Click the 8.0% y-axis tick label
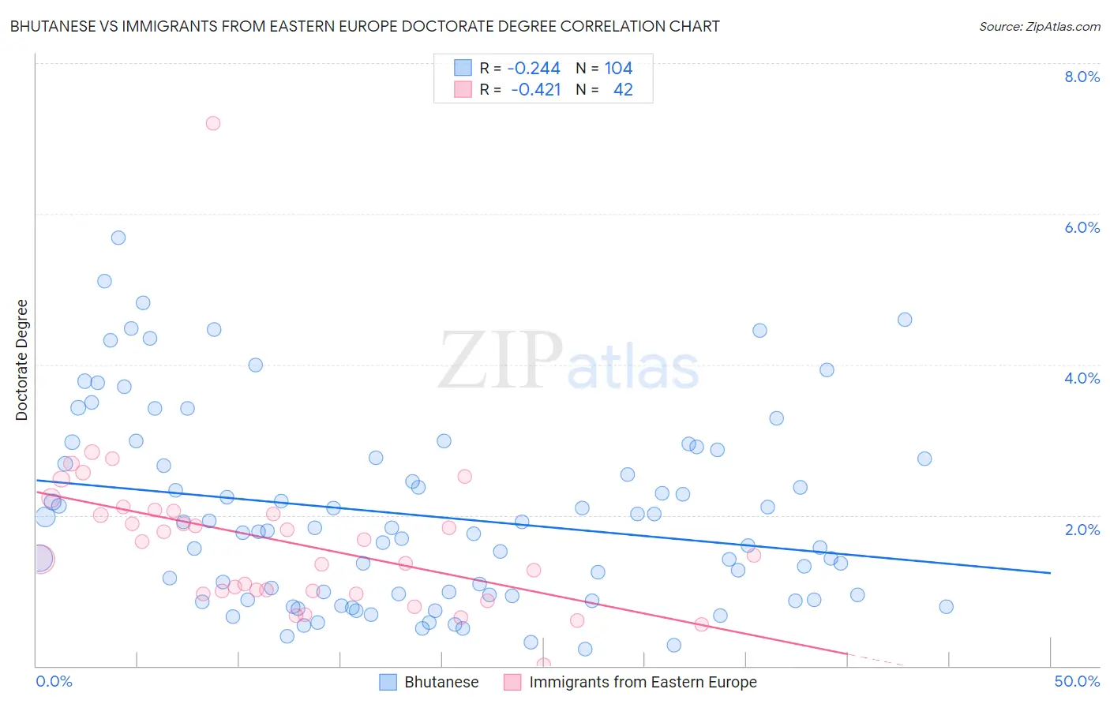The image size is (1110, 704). pyautogui.click(x=1082, y=77)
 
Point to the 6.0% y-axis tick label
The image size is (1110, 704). pyautogui.click(x=1082, y=227)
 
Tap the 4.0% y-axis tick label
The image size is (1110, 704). pyautogui.click(x=1082, y=378)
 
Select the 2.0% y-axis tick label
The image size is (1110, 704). pyautogui.click(x=1082, y=530)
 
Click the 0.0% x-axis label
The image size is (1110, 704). pyautogui.click(x=54, y=681)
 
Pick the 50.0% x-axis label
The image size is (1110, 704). pyautogui.click(x=1077, y=681)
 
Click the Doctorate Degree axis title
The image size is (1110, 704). pyautogui.click(x=21, y=360)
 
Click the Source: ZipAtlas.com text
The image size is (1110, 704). pyautogui.click(x=1039, y=26)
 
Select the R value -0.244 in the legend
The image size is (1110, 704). pyautogui.click(x=534, y=69)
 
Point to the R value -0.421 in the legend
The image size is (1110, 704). pyautogui.click(x=535, y=90)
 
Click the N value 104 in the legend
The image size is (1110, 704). pyautogui.click(x=618, y=69)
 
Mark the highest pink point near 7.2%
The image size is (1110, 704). pyautogui.click(x=212, y=123)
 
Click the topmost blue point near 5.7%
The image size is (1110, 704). pyautogui.click(x=118, y=238)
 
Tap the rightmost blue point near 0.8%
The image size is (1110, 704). pyautogui.click(x=947, y=607)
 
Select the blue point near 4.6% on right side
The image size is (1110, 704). pyautogui.click(x=905, y=320)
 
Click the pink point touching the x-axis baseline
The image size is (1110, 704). pyautogui.click(x=543, y=665)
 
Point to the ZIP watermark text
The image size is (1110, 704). pyautogui.click(x=500, y=361)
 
